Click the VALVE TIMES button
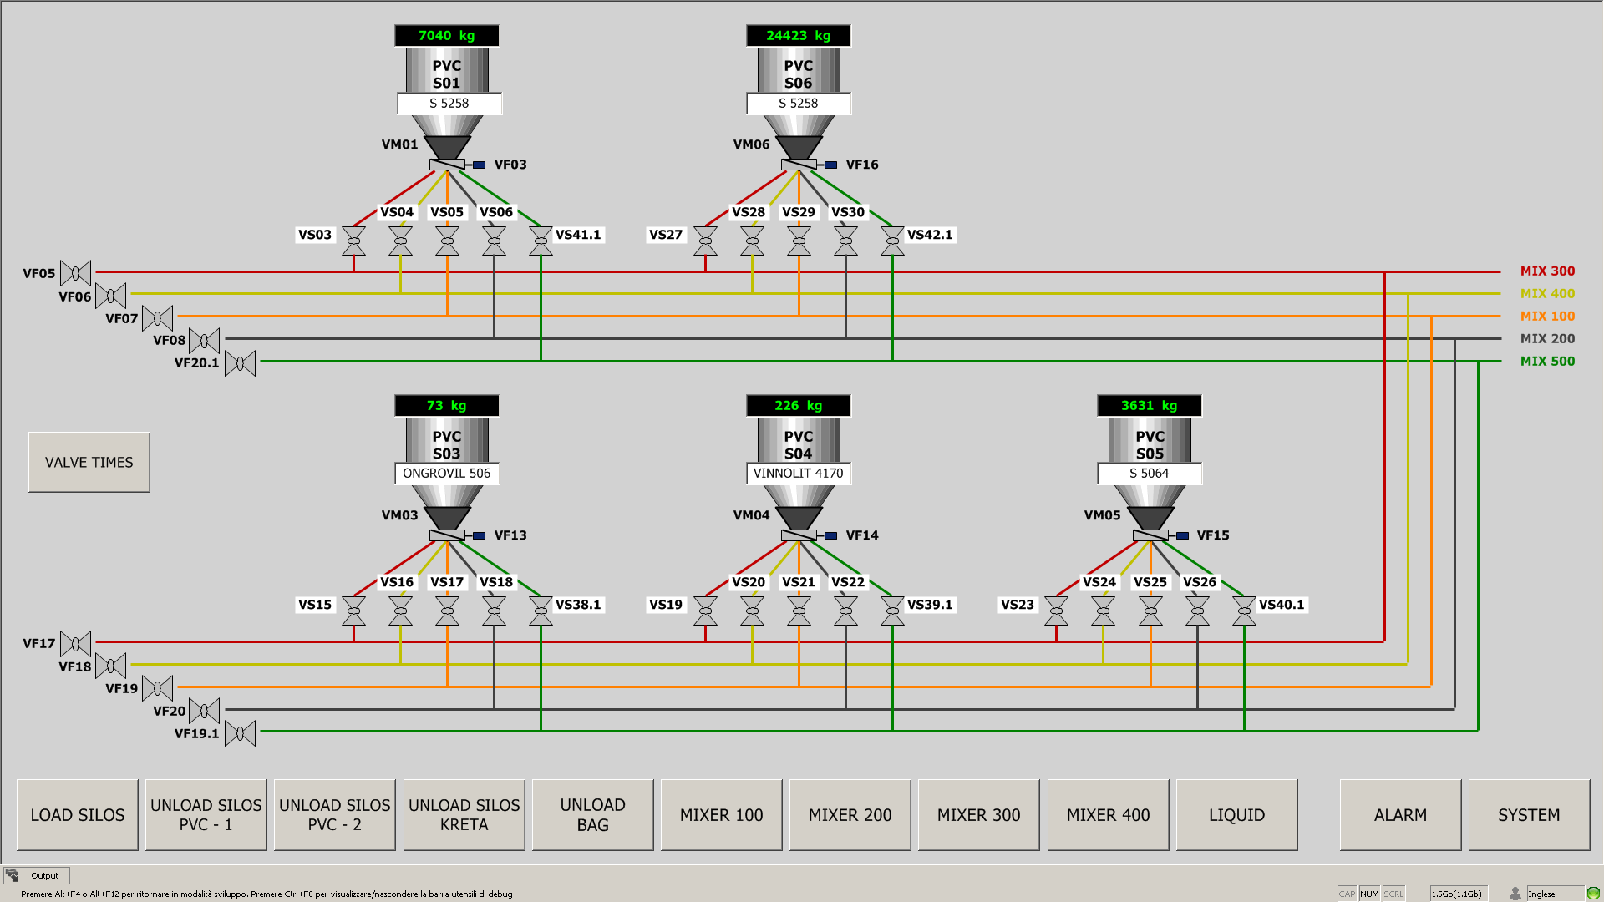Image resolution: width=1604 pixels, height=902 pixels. point(89,462)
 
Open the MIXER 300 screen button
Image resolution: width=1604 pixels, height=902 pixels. point(978,815)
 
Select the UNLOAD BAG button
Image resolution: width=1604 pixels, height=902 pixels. point(592,815)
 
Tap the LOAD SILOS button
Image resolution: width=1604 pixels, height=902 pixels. point(78,815)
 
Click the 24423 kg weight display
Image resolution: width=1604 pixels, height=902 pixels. point(798,36)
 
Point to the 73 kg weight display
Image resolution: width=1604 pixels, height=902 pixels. point(446,406)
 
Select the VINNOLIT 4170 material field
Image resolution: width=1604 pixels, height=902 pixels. point(798,474)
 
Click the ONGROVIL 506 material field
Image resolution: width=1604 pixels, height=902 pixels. point(446,474)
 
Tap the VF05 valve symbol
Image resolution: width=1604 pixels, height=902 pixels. point(76,273)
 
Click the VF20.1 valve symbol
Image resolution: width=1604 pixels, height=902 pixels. point(241,363)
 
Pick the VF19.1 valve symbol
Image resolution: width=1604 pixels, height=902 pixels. point(241,733)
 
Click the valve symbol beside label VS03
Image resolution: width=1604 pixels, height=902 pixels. point(354,241)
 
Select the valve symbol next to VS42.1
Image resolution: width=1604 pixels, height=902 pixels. point(892,241)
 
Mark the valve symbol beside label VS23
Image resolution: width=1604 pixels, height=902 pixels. point(1056,611)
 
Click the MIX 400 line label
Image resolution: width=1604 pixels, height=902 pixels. point(1547,294)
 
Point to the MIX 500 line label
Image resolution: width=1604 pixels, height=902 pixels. point(1547,362)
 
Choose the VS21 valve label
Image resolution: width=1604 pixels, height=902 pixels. point(798,582)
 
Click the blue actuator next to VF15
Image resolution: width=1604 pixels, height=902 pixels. point(1182,535)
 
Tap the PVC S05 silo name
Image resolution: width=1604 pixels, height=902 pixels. point(1150,445)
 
